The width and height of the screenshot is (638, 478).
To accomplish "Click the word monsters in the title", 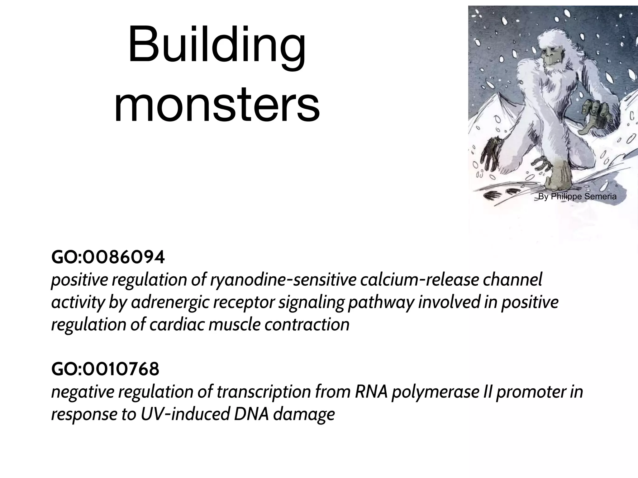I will point(217,105).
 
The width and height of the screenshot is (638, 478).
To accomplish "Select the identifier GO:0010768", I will point(105,369).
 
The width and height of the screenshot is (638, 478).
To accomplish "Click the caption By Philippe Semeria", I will point(577,196).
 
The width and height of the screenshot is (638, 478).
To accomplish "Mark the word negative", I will point(83,392).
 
